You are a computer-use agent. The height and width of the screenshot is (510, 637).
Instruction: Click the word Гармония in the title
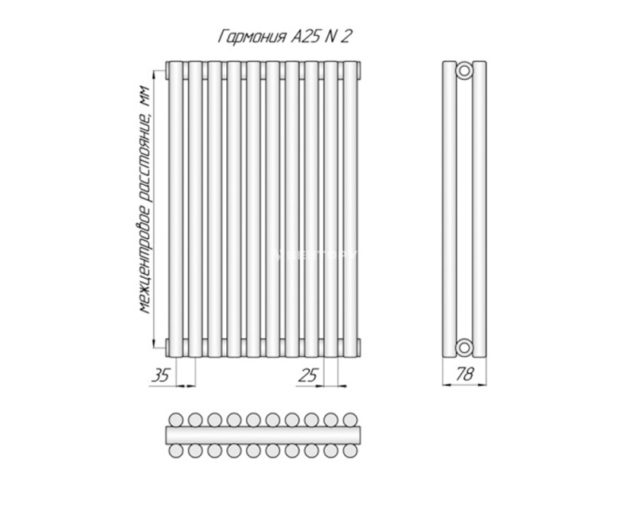(252, 37)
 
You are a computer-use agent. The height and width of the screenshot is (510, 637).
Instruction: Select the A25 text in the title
(305, 37)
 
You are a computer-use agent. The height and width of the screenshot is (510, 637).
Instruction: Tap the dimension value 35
(160, 375)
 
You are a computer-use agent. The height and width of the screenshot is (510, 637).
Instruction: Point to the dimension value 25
(307, 375)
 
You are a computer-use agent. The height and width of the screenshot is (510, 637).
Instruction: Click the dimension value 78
(464, 374)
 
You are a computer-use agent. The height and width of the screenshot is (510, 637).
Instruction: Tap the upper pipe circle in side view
(464, 71)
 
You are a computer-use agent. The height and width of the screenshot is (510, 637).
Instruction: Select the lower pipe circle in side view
(464, 347)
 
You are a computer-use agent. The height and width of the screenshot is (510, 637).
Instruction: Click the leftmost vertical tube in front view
(176, 210)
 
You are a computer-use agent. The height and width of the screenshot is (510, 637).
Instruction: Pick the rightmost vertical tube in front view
(350, 210)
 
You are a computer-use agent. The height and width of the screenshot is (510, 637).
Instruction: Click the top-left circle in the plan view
(176, 420)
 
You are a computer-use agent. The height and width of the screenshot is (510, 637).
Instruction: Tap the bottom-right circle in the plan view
(350, 450)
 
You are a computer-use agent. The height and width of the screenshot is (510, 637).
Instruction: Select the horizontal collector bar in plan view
(263, 435)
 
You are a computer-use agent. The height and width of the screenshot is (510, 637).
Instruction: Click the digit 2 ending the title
(345, 37)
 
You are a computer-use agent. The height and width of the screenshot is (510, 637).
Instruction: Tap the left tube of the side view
(449, 210)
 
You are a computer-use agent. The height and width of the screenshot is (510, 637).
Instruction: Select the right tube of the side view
(479, 210)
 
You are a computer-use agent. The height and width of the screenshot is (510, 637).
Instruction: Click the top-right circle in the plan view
(350, 420)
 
